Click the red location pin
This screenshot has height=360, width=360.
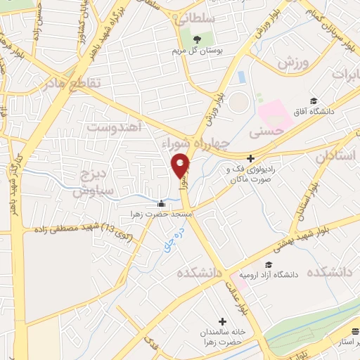pyautogui.click(x=181, y=165)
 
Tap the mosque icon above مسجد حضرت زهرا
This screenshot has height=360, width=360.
pyautogui.click(x=161, y=203)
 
